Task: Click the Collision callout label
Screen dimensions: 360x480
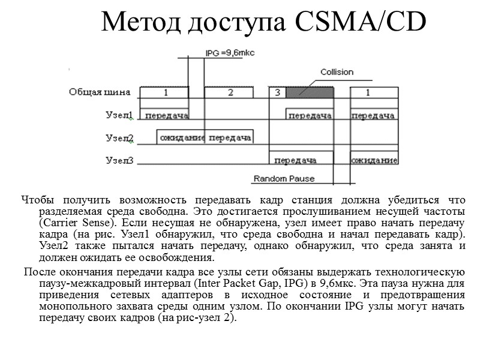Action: click(337, 72)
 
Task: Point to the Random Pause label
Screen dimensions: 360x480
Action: click(284, 179)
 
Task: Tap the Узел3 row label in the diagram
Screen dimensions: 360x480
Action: click(119, 160)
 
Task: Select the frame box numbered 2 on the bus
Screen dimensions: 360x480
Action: click(230, 92)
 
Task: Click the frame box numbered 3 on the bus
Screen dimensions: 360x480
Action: click(277, 92)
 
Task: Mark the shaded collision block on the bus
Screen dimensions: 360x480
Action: click(309, 92)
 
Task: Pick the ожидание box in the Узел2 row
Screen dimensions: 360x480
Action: click(182, 138)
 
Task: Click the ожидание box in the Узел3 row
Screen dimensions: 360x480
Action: click(374, 160)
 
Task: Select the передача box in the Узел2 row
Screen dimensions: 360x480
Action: click(229, 138)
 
